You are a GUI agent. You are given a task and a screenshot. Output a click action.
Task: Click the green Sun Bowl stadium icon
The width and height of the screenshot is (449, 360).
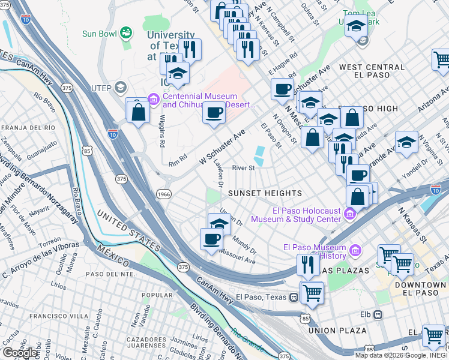pos(125,33)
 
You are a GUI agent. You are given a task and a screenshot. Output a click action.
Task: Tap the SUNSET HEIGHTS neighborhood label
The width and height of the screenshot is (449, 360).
pos(265,193)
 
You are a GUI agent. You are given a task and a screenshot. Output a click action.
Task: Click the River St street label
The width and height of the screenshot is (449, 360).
pos(244,169)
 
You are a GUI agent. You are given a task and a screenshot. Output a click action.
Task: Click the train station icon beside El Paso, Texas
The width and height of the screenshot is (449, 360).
pos(294,297)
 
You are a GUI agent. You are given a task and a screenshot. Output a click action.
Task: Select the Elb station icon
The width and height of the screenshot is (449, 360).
pos(378,314)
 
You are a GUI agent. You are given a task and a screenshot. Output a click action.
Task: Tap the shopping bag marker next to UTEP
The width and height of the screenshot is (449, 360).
pos(138,111)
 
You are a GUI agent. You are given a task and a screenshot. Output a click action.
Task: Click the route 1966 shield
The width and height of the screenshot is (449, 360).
pos(163,194)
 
